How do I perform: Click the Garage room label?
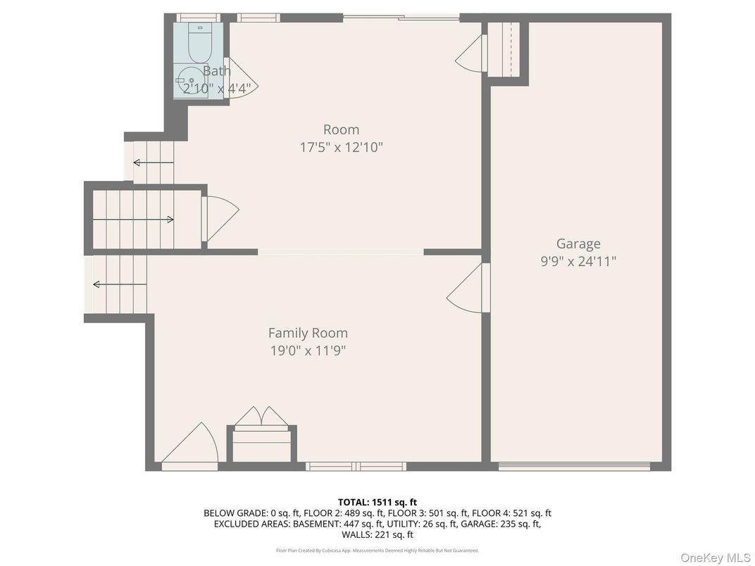(578, 244)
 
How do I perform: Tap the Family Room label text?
(308, 333)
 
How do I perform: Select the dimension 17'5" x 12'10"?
(341, 147)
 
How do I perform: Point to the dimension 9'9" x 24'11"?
(578, 261)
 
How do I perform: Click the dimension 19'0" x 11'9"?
(307, 351)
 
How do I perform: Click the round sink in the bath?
(189, 80)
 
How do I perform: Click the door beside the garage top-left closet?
(473, 54)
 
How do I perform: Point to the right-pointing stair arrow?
(134, 220)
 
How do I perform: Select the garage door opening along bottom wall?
(574, 465)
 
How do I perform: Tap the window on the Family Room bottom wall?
(356, 465)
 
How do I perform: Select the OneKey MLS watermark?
(713, 557)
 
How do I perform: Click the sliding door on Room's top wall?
(401, 18)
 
